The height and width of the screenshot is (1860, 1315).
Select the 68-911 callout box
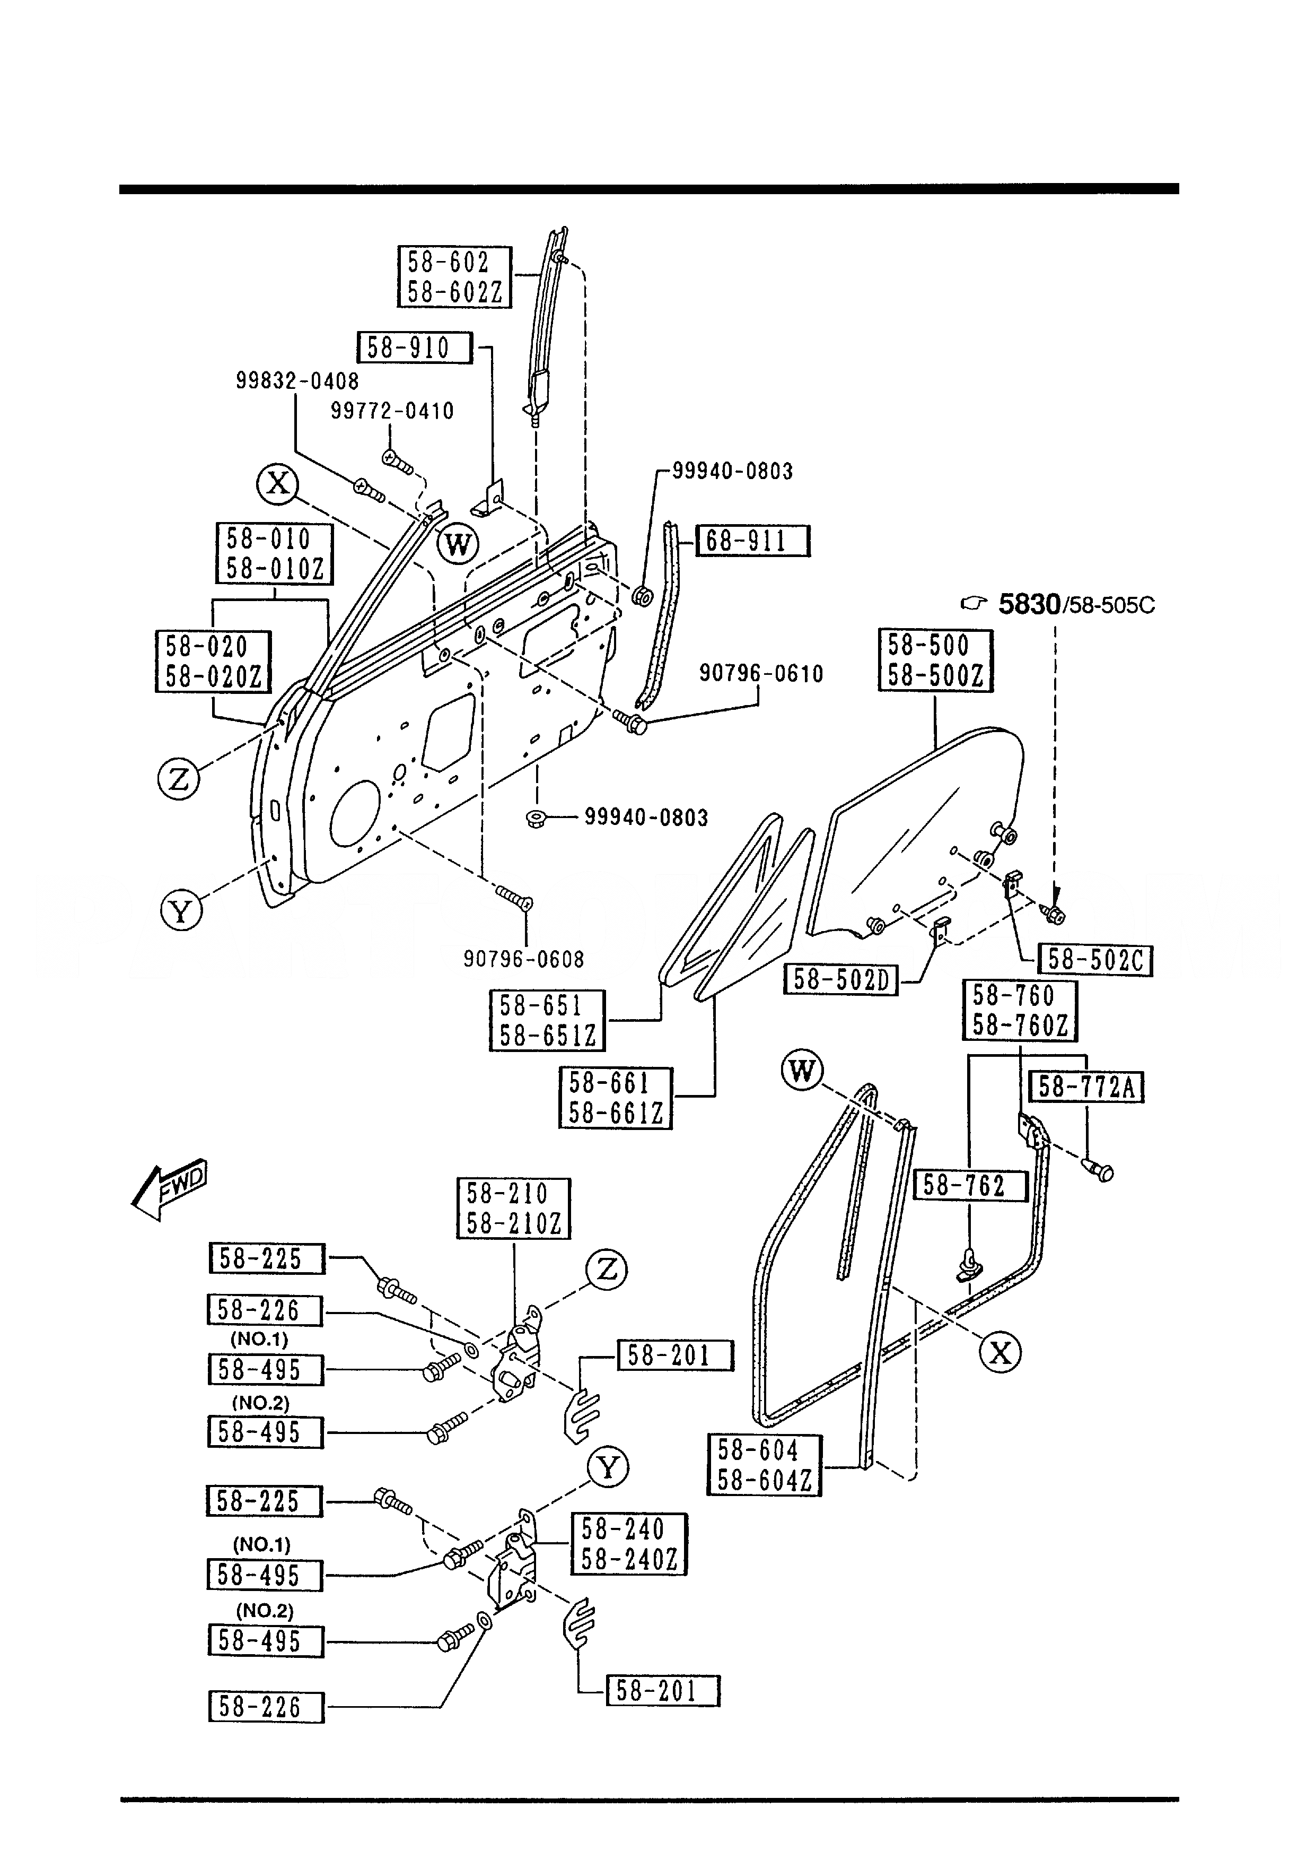tap(753, 541)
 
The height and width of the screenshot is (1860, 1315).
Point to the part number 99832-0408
tap(297, 381)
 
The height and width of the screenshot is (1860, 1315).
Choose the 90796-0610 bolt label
tap(761, 673)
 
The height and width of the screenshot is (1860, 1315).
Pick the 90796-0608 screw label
tap(524, 959)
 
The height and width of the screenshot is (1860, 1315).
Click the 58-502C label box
tap(1095, 960)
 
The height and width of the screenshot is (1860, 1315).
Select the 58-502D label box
tap(840, 980)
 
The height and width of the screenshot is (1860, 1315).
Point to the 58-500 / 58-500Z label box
tap(935, 660)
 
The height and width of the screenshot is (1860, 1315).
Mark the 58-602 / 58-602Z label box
tap(454, 277)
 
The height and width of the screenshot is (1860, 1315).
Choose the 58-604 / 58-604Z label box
tap(765, 1465)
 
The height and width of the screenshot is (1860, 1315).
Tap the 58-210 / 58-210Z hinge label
tap(513, 1209)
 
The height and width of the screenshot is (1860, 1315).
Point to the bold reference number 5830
tap(1029, 604)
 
